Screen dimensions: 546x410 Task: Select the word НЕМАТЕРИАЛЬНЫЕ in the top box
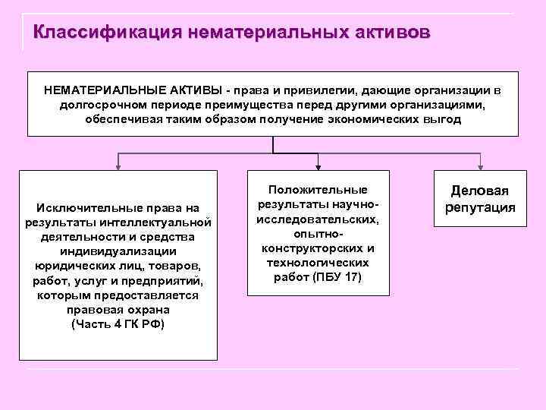[x=98, y=90]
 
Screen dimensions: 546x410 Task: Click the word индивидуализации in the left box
[x=118, y=251]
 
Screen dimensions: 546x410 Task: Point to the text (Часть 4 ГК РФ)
[x=118, y=324]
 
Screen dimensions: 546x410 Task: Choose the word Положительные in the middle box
[x=318, y=189]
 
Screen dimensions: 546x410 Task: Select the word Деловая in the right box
[x=480, y=191]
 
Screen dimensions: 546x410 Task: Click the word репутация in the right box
[x=480, y=207]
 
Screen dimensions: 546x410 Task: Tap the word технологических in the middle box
[x=318, y=262]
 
